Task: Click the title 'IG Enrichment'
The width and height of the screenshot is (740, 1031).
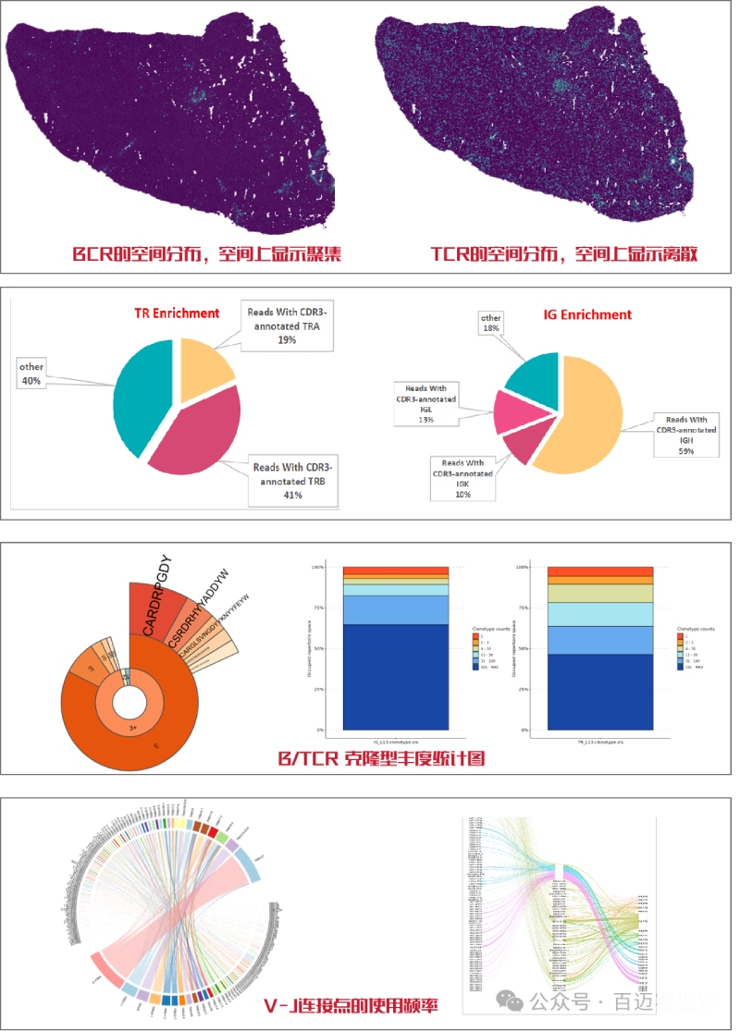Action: point(587,314)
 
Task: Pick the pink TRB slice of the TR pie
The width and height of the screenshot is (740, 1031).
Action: point(199,435)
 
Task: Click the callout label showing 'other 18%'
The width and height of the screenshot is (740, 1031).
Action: point(490,324)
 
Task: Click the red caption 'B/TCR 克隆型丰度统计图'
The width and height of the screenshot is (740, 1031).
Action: point(382,759)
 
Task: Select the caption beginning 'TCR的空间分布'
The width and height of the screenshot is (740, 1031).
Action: point(564,252)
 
